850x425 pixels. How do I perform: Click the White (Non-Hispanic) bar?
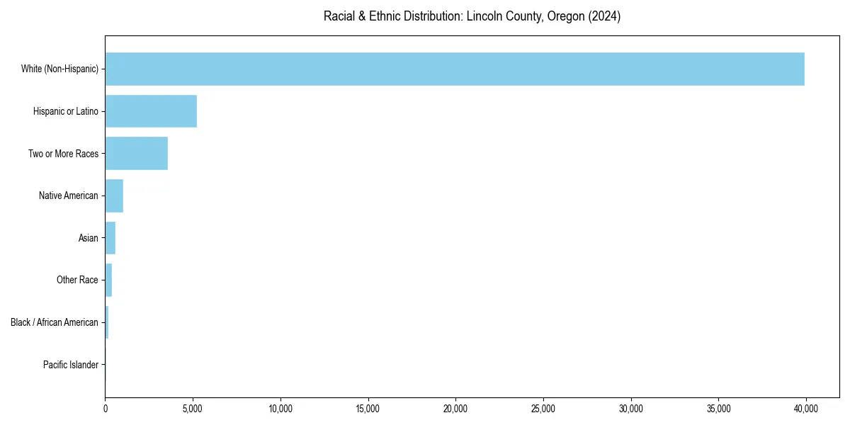[x=455, y=69]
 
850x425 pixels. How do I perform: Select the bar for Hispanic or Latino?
[x=151, y=111]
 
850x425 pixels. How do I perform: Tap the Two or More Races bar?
[x=137, y=154]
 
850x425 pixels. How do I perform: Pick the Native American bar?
[x=114, y=195]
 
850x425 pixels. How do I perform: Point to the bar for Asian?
[x=110, y=238]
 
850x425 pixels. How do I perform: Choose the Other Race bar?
[x=108, y=280]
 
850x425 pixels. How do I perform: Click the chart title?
[x=472, y=16]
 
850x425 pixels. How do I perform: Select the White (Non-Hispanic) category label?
[x=59, y=69]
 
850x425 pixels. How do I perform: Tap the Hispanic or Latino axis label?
[x=66, y=111]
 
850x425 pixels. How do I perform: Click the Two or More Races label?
[x=63, y=154]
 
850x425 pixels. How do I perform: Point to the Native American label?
[x=69, y=195]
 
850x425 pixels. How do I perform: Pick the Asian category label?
[x=89, y=238]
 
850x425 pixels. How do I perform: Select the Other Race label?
[x=77, y=280]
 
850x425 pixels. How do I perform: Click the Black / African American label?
[x=55, y=322]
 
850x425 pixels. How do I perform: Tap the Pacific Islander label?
[x=71, y=365]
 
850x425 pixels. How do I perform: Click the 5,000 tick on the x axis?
[x=193, y=409]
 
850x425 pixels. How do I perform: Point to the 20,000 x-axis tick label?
[x=455, y=409]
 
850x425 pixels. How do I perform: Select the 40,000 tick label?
[x=806, y=409]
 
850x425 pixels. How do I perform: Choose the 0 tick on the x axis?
[x=106, y=409]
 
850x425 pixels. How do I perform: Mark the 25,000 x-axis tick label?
[x=543, y=409]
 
